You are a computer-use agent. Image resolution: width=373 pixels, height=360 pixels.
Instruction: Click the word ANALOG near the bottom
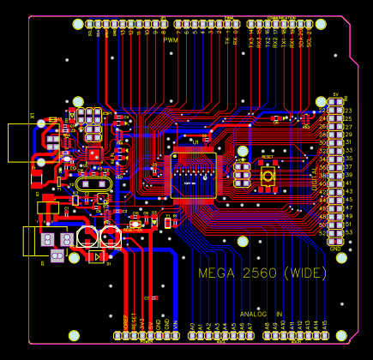point(255,314)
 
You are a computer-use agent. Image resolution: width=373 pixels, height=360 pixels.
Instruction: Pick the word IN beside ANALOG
point(279,314)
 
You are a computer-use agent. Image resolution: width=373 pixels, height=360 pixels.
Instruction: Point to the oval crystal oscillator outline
point(93,183)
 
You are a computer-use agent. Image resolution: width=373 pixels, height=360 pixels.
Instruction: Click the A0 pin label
point(191,326)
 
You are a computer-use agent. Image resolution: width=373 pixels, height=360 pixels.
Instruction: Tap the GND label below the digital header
point(336,248)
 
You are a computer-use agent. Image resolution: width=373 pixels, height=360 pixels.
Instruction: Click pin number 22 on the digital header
point(322,111)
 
